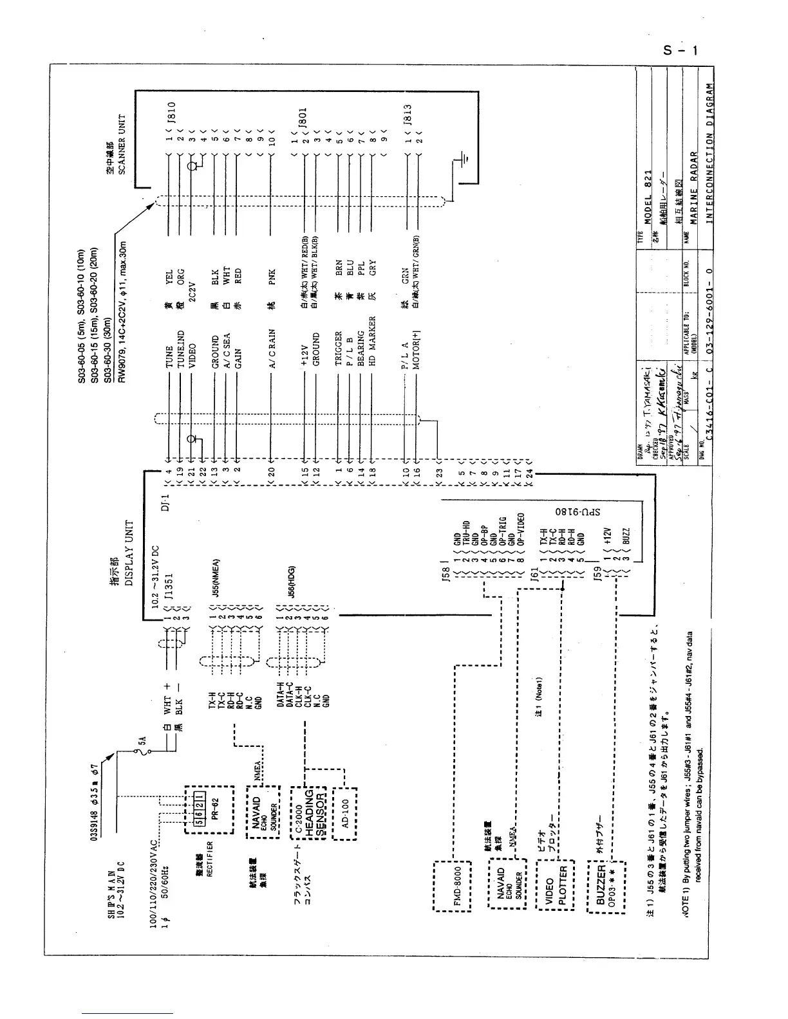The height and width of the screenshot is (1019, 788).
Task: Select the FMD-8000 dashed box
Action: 455,886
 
